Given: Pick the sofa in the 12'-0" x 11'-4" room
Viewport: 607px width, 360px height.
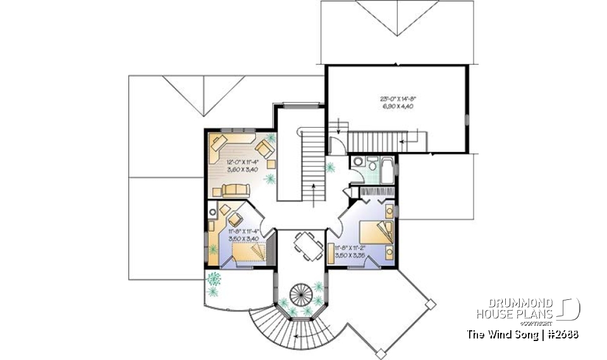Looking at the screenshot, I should click(236, 188).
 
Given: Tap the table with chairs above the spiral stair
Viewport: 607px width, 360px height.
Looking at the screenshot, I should click(307, 244).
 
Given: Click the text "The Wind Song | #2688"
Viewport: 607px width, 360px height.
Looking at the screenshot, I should click(522, 333).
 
